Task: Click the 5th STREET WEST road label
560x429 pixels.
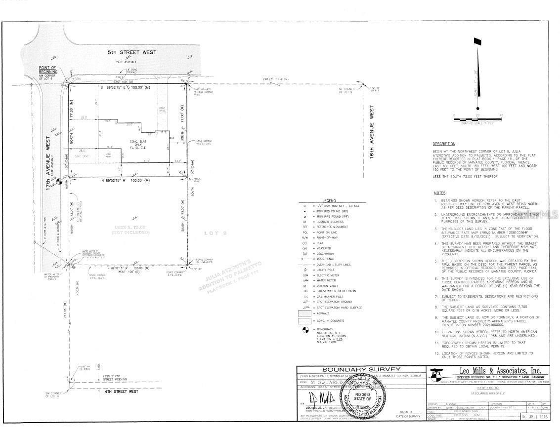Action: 132,52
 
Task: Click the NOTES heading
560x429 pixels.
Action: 440,193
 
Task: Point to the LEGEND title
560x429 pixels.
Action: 329,200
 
